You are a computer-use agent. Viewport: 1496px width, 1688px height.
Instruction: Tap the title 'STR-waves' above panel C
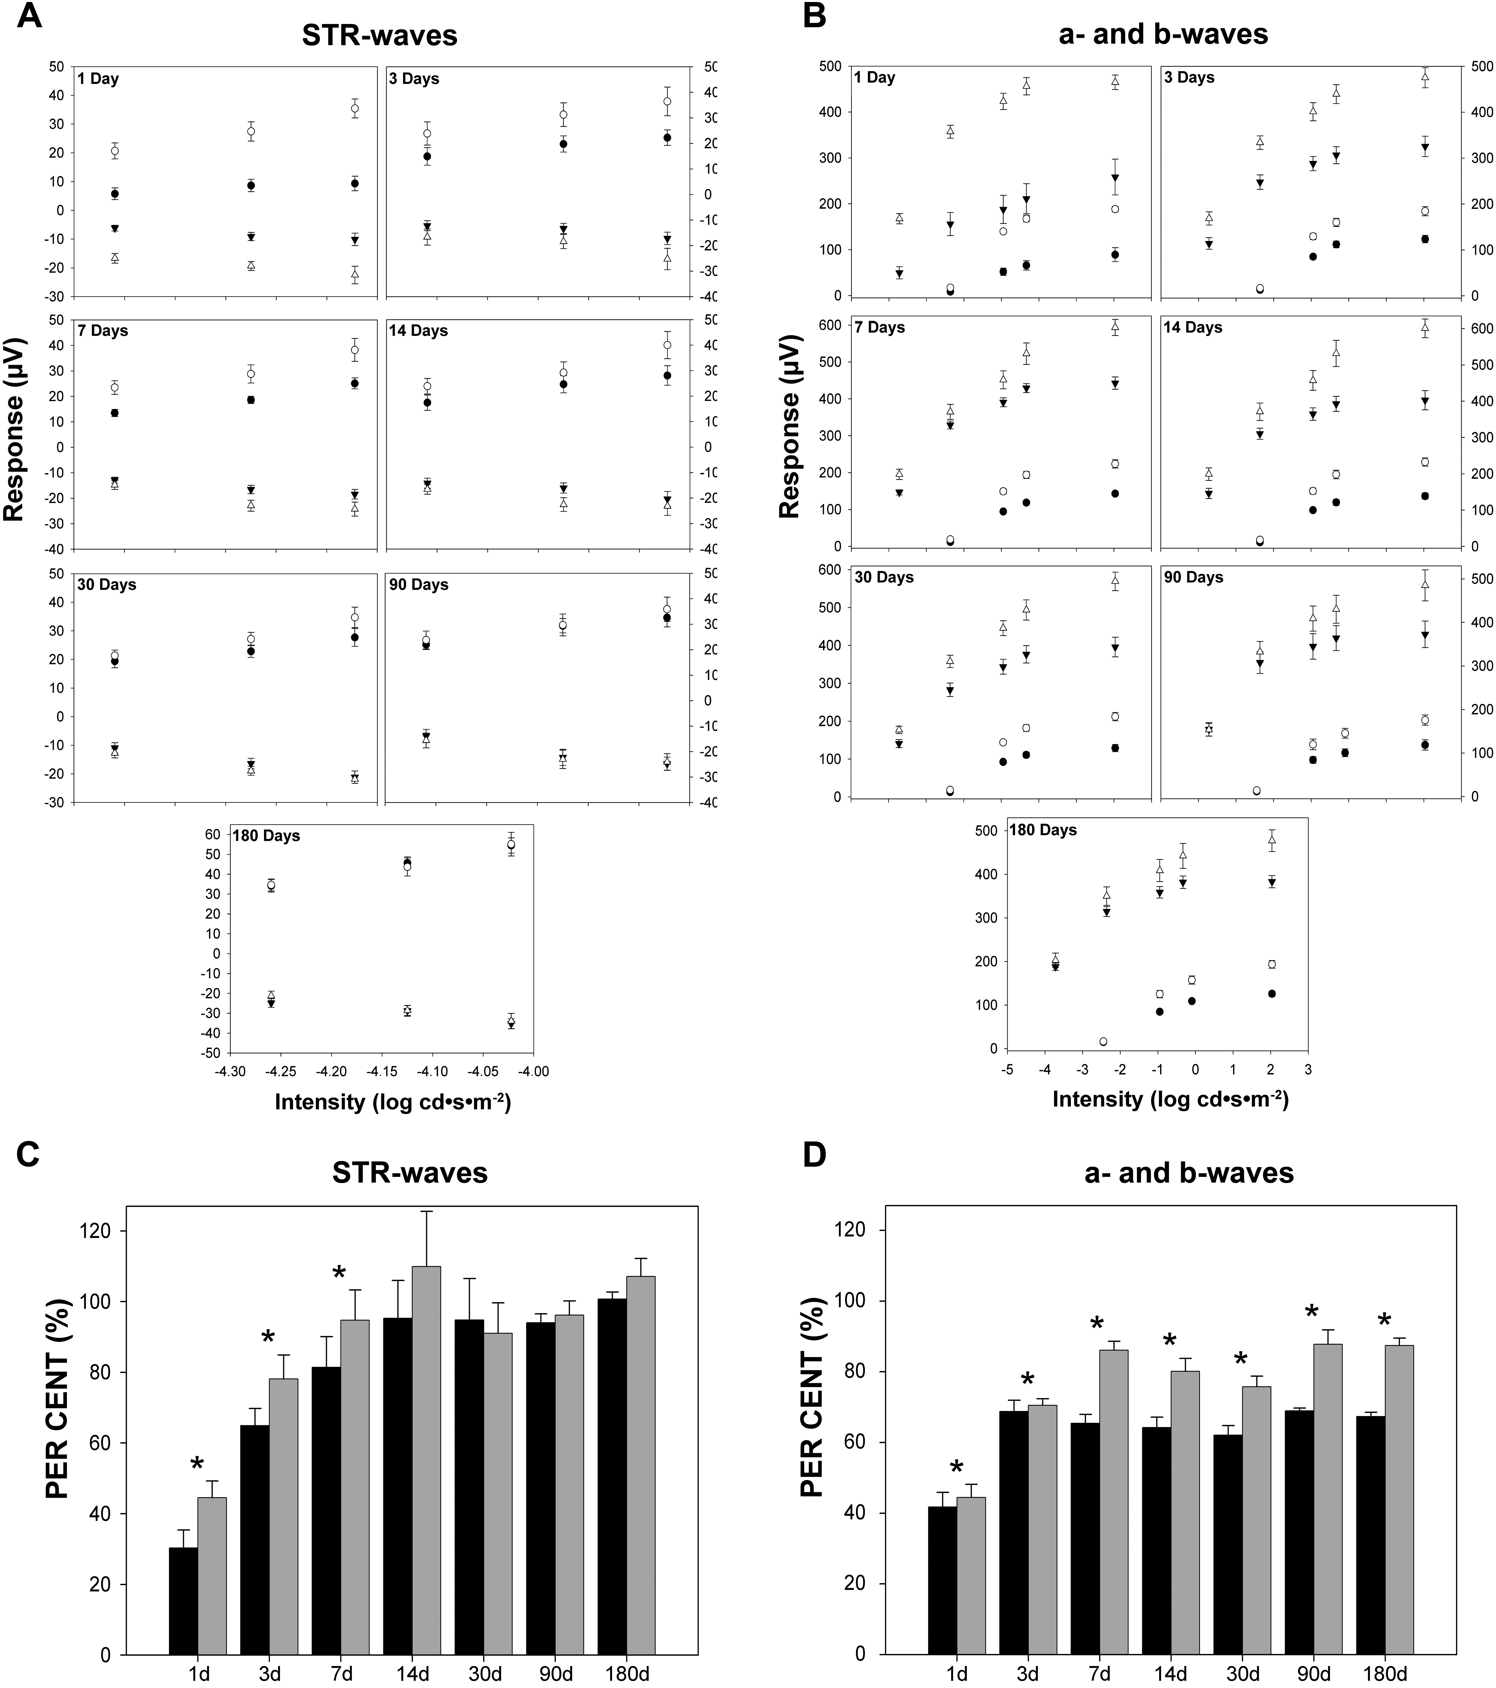[x=410, y=1173]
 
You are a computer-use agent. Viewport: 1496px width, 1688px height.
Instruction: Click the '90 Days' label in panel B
[x=1194, y=577]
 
